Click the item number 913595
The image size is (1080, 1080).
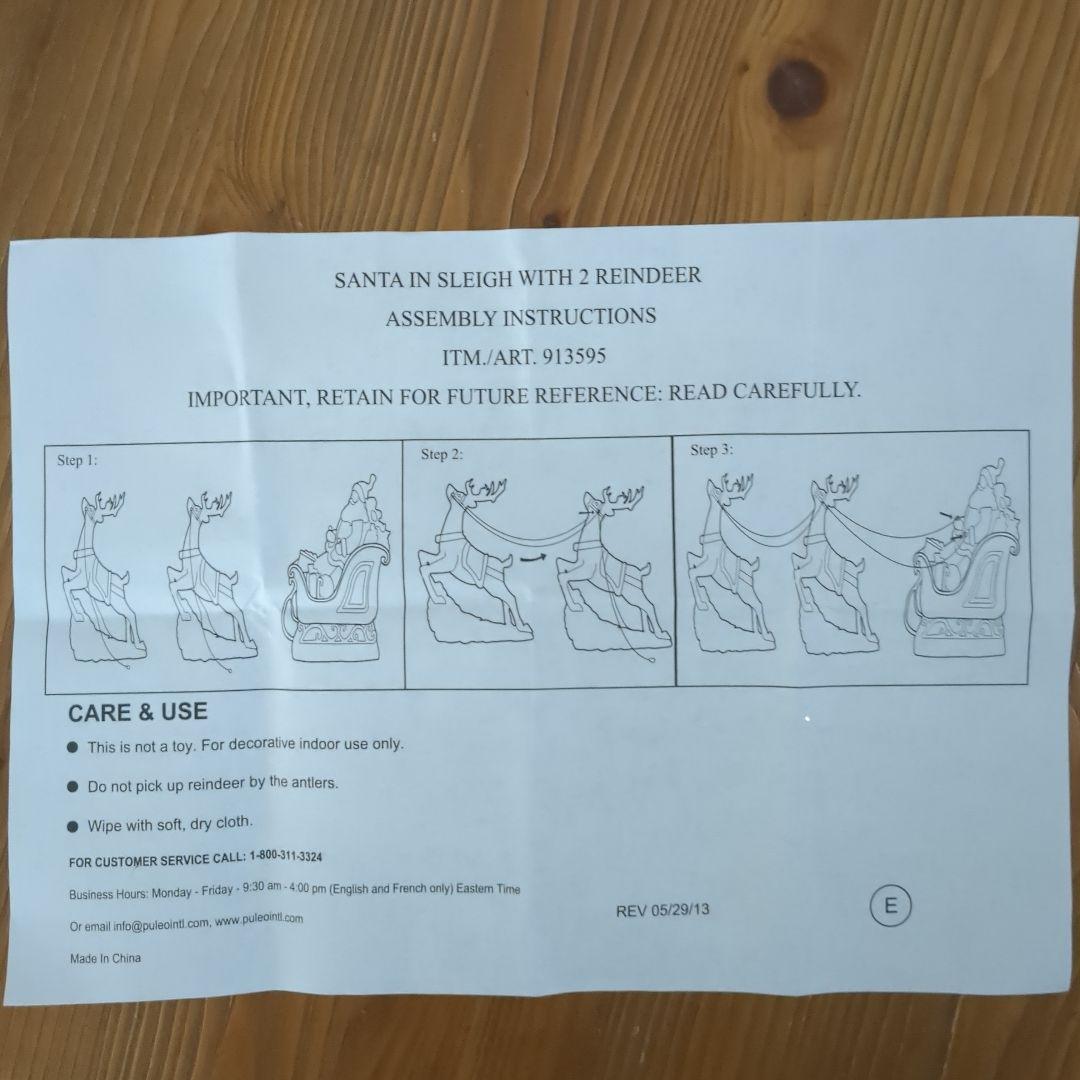click(574, 357)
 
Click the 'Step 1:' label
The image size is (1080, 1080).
click(77, 460)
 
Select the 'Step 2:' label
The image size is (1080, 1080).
click(442, 454)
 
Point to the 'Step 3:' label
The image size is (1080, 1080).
click(712, 450)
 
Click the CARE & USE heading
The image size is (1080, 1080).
click(138, 712)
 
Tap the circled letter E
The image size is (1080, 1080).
click(890, 905)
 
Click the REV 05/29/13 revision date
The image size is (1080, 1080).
click(663, 911)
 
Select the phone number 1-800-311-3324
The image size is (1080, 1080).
click(286, 856)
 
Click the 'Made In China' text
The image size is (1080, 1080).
click(105, 958)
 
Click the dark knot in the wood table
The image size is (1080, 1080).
click(797, 88)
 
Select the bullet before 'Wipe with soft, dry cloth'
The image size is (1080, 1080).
click(73, 827)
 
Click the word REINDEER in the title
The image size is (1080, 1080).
click(648, 276)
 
